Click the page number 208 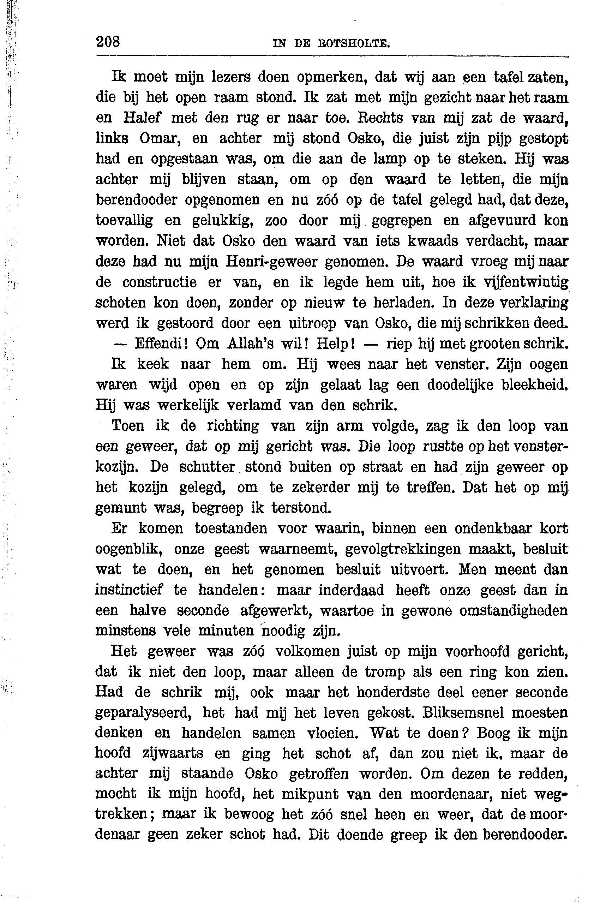(x=108, y=41)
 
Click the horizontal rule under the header (x=332, y=57)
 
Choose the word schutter (x=207, y=467)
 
